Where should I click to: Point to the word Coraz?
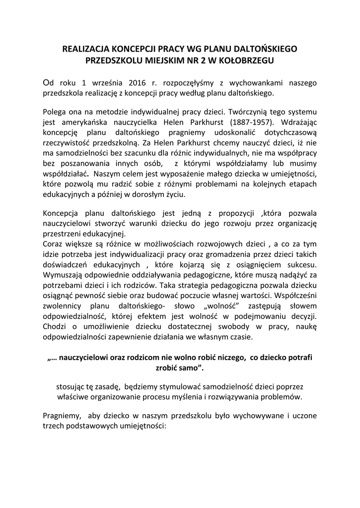[x=53, y=244]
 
